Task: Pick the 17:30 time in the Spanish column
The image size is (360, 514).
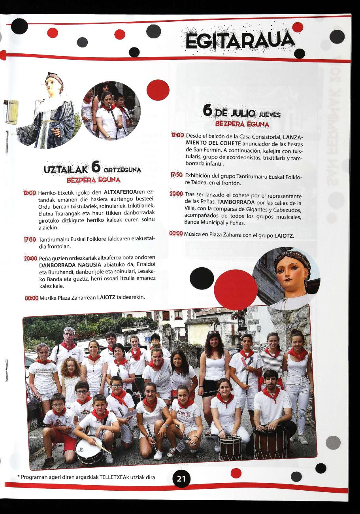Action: click(177, 174)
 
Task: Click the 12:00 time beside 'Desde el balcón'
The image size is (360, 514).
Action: click(177, 136)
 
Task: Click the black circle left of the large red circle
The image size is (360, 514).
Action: click(202, 278)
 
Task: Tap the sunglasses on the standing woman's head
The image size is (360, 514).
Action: click(213, 333)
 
